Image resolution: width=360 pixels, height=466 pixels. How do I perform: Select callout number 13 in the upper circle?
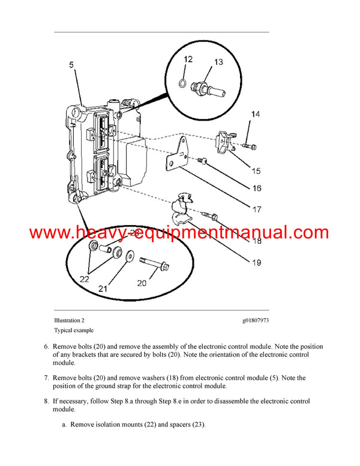[218, 62]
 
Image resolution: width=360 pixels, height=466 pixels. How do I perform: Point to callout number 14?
[256, 114]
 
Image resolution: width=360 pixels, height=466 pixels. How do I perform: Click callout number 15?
[256, 171]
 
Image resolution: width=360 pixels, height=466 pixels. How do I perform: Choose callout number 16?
[256, 188]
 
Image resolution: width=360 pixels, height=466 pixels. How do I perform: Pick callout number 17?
[256, 210]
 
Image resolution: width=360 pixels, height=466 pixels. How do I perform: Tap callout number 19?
[256, 261]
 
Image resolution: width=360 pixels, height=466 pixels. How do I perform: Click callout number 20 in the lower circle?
[142, 283]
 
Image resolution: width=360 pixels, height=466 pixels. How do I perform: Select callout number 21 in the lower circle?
[103, 289]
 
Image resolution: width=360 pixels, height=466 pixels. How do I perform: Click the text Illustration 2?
[73, 321]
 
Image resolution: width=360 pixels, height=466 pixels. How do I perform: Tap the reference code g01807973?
[251, 321]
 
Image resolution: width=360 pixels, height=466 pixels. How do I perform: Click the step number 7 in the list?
[46, 378]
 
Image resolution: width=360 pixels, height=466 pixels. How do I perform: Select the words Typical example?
[74, 330]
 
